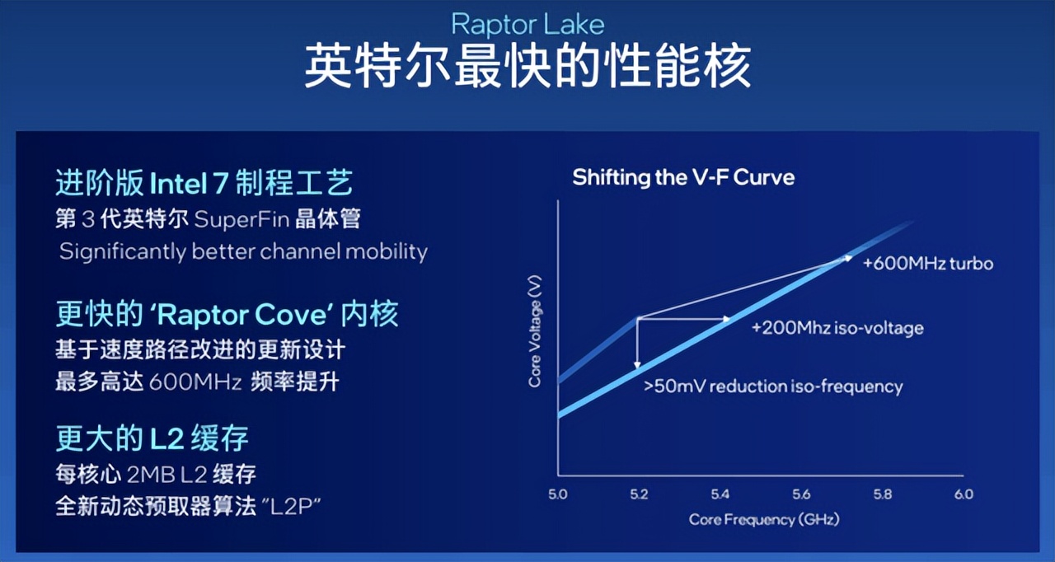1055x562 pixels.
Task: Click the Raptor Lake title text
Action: (527, 26)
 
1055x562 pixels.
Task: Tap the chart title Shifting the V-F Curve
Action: (683, 177)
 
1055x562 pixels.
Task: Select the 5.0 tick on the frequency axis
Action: (558, 494)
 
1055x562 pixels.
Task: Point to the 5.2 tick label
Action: (639, 494)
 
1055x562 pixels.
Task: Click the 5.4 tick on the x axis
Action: (720, 494)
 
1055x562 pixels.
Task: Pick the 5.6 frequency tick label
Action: (801, 494)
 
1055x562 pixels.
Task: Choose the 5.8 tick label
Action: (883, 494)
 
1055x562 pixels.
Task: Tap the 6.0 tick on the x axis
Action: (964, 494)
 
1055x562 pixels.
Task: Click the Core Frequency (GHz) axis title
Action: (764, 520)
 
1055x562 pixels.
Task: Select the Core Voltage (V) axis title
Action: (535, 331)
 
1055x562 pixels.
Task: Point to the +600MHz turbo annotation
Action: (928, 264)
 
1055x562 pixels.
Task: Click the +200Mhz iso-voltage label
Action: (837, 328)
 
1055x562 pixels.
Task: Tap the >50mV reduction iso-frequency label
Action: (773, 386)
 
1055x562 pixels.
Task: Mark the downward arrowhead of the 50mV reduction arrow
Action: (637, 365)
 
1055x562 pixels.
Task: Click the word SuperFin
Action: (241, 220)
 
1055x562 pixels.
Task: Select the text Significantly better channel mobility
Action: (243, 252)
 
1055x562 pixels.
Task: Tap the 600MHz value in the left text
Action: (195, 382)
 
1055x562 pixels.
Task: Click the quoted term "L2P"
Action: (291, 507)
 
